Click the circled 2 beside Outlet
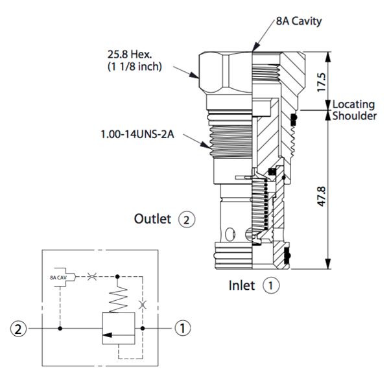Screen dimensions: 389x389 [186, 219]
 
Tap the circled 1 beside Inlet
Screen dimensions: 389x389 [272, 285]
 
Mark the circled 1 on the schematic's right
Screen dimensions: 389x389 [185, 329]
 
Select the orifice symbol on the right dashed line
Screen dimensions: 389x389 [143, 303]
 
